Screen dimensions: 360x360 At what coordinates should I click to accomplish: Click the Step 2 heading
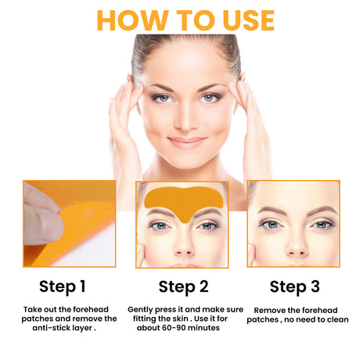pyautogui.click(x=182, y=286)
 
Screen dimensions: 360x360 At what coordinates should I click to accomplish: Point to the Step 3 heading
pyautogui.click(x=294, y=286)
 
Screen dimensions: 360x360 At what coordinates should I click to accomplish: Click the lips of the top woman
pyautogui.click(x=185, y=142)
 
